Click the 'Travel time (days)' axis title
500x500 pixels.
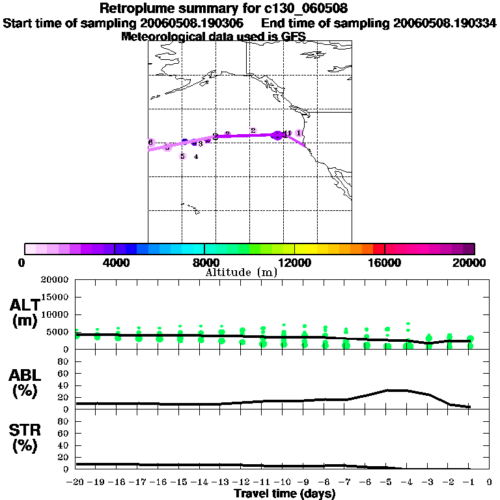coord(285,494)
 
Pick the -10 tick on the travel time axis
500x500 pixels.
coord(283,482)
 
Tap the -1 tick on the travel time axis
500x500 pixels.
coord(469,482)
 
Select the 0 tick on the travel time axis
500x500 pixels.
coord(490,482)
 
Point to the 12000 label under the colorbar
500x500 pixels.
coord(294,262)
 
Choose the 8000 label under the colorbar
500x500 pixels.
coord(204,262)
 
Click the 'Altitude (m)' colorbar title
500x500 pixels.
coord(242,273)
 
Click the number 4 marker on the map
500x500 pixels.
coord(196,156)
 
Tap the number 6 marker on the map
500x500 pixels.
coord(150,142)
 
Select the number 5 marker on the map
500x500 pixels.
coord(182,156)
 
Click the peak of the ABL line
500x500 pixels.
coord(397,390)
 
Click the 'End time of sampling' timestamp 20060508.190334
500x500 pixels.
coord(445,23)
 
